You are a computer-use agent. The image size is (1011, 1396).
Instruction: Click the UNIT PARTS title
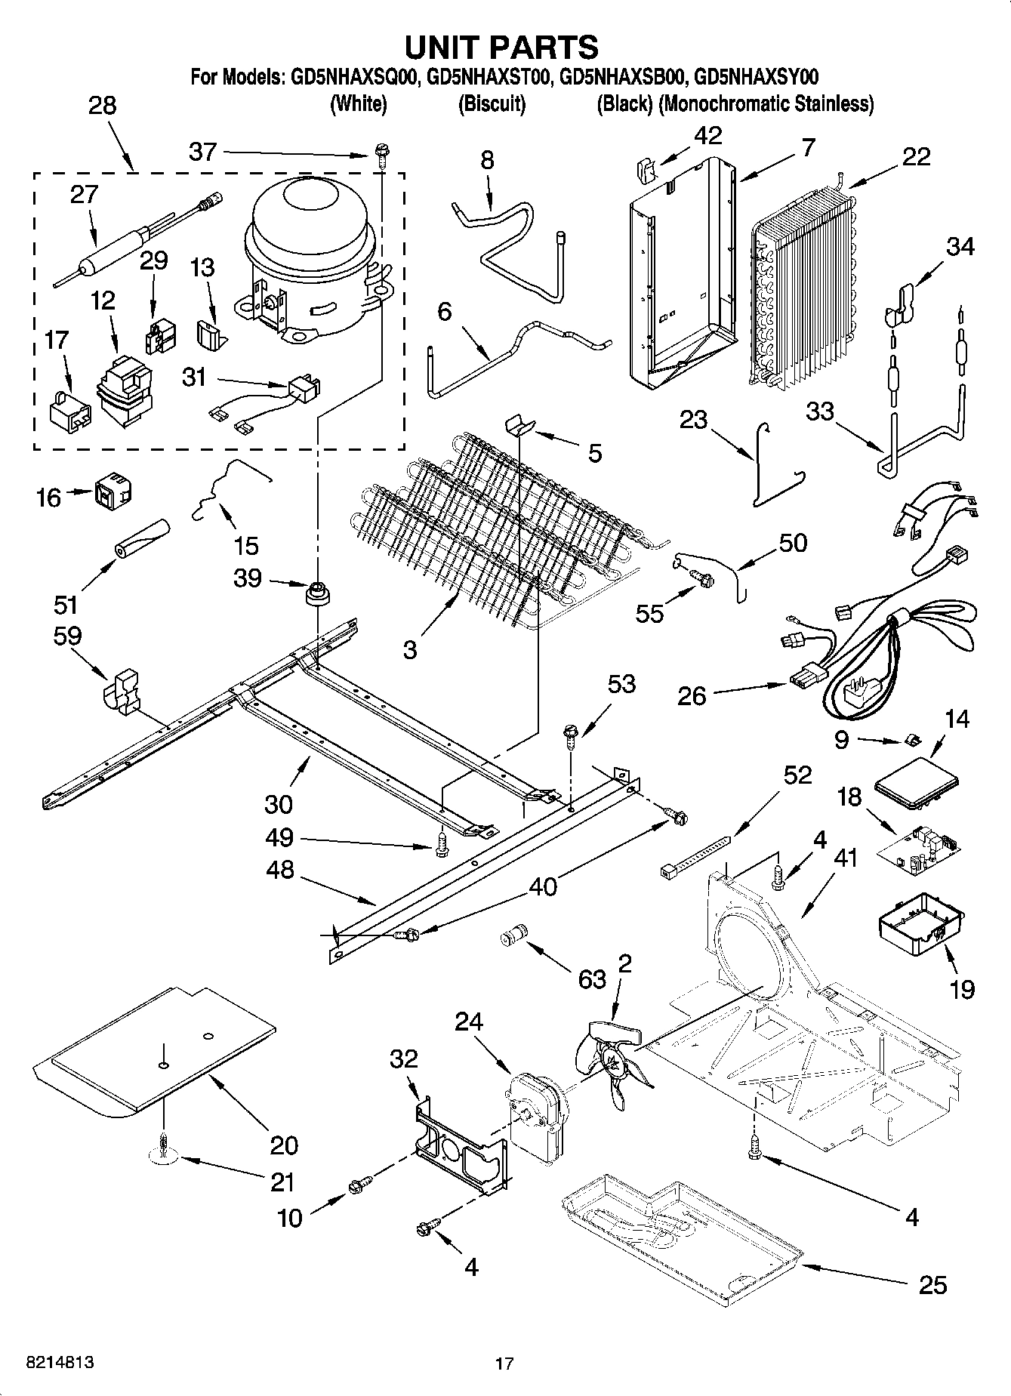[502, 47]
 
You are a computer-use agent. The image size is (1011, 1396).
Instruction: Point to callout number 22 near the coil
[915, 156]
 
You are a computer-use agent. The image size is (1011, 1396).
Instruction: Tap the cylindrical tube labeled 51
[140, 538]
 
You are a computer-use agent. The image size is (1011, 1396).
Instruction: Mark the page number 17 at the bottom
[504, 1364]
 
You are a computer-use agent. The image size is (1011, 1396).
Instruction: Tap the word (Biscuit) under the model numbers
[492, 104]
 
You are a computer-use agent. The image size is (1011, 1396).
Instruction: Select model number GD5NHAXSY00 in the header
[757, 78]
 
